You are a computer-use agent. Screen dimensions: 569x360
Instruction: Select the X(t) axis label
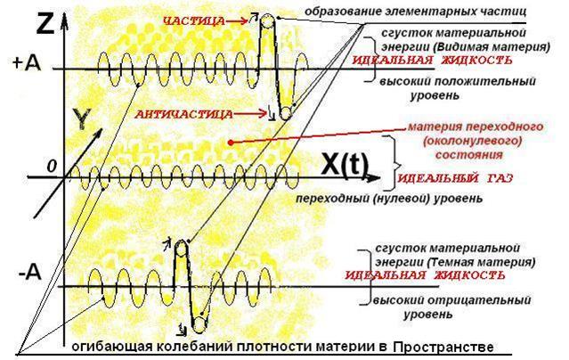click(x=345, y=164)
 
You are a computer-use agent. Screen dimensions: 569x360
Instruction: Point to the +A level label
click(x=28, y=63)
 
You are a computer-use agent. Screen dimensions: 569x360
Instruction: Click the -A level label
click(x=30, y=273)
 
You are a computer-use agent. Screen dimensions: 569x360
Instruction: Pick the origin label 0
click(x=52, y=167)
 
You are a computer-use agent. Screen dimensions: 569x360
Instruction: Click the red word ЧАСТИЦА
click(x=194, y=21)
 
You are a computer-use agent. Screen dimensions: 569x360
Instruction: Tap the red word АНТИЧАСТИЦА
click(x=183, y=115)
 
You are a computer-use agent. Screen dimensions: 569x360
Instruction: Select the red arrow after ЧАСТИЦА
click(x=237, y=20)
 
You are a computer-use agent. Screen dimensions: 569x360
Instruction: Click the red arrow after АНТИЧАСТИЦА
click(x=251, y=114)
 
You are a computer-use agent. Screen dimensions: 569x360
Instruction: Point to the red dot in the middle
click(x=231, y=143)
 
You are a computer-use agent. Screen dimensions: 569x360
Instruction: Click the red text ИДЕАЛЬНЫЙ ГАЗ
click(x=456, y=178)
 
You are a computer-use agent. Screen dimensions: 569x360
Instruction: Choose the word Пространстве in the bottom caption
click(x=443, y=347)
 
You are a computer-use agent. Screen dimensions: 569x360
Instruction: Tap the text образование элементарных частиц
click(x=415, y=11)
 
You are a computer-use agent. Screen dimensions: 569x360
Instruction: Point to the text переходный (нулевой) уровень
click(x=389, y=199)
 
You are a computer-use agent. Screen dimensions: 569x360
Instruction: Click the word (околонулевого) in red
click(x=472, y=141)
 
